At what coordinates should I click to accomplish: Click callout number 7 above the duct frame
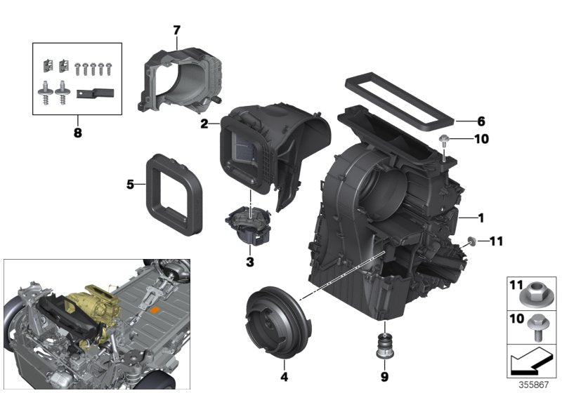(176, 30)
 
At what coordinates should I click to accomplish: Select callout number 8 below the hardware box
(78, 133)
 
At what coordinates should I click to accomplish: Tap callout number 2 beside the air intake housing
(204, 124)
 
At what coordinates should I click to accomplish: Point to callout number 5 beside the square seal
(130, 185)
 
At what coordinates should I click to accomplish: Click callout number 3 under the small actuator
(250, 262)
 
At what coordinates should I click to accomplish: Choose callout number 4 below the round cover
(285, 377)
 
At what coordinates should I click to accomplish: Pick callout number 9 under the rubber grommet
(384, 377)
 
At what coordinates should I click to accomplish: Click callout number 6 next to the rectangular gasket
(481, 121)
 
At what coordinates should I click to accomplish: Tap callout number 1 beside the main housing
(481, 218)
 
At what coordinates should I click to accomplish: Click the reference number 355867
(534, 385)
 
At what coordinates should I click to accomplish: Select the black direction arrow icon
(531, 360)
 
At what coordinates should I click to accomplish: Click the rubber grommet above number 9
(385, 346)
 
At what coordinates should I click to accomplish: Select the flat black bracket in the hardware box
(95, 94)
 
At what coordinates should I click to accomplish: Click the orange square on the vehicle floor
(155, 310)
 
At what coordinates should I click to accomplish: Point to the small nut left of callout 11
(471, 241)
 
